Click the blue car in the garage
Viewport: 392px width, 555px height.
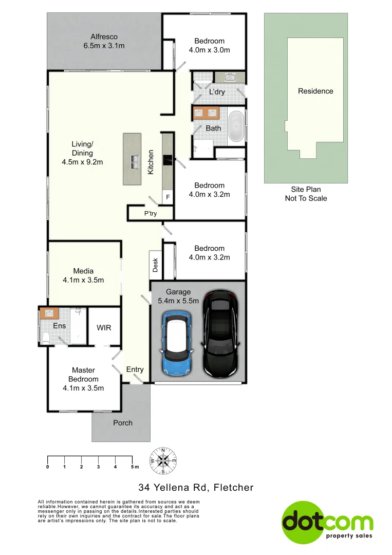coord(177,342)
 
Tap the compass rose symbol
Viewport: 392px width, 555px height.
coord(163,460)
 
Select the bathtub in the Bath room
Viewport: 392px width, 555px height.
coord(236,126)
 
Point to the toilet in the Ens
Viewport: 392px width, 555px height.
coord(45,337)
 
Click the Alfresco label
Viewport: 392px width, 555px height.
coord(104,36)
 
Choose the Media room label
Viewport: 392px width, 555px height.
coord(83,271)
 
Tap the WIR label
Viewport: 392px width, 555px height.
coord(104,327)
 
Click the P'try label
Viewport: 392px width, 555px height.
coord(151,213)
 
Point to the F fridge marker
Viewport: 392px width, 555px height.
coord(167,197)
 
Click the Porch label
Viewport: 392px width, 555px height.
coord(122,423)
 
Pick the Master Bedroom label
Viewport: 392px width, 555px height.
coord(83,375)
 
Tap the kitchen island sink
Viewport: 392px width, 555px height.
coord(135,162)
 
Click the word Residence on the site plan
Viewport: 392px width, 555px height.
coord(315,91)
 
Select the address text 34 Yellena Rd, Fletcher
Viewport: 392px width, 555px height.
coord(196,487)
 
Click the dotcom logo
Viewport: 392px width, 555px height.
coord(327,522)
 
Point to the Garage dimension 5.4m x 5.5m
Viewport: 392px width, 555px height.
coord(178,301)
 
